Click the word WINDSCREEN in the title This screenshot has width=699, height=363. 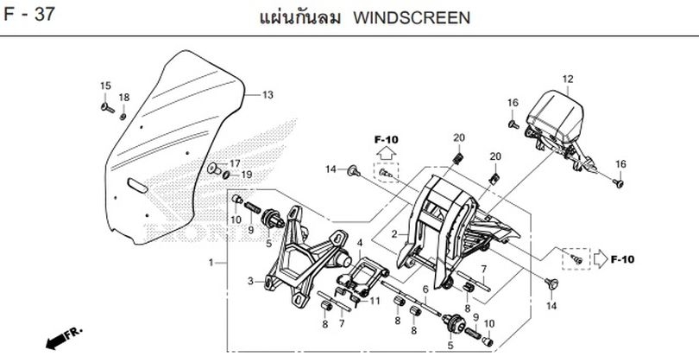coord(412,17)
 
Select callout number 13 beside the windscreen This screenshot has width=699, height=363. coord(267,94)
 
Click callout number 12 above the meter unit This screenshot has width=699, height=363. coord(568,80)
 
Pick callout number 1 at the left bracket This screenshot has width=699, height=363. coord(210,261)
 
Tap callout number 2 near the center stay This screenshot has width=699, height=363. coord(394,234)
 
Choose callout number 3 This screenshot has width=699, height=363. coord(250,282)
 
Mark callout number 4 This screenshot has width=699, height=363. coord(358,244)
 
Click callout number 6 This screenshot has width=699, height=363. coord(425,290)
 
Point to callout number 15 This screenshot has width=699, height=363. coord(105,85)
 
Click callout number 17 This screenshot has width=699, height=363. coord(234,163)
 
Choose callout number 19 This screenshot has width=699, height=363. coord(246,175)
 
